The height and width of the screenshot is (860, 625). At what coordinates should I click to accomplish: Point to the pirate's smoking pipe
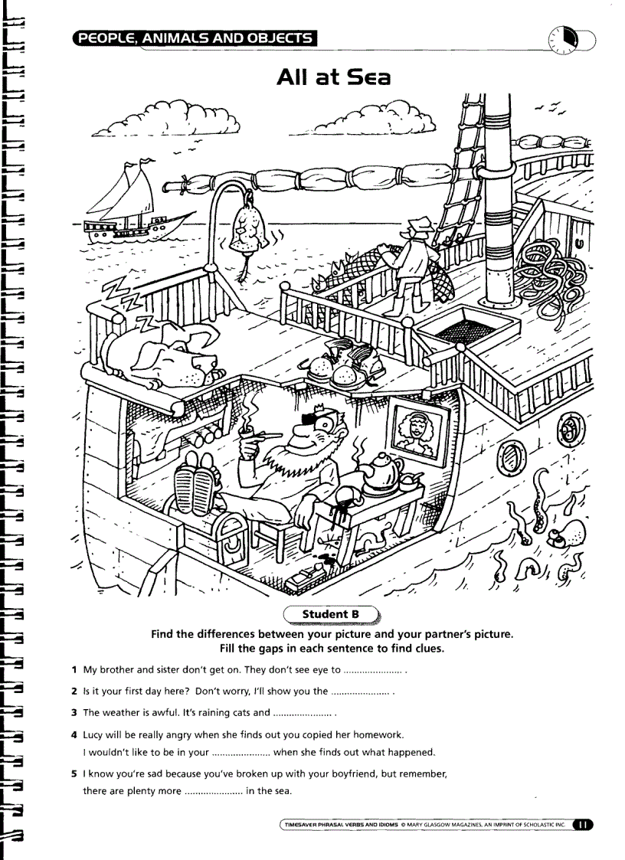[x=259, y=436]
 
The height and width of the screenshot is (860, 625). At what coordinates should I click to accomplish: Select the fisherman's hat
[x=418, y=227]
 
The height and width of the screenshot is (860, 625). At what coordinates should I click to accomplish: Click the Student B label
[x=330, y=613]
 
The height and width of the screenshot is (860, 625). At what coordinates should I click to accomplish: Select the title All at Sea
[x=334, y=77]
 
